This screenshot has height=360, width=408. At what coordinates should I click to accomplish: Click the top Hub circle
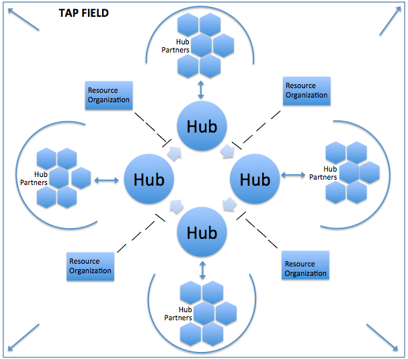pos(202,126)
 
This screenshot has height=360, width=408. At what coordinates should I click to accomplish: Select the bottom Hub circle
pos(202,233)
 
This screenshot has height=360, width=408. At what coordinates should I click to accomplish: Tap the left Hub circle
pos(149,180)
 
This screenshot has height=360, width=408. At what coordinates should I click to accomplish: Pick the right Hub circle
pos(255,180)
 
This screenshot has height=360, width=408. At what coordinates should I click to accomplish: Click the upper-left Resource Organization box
pos(109,96)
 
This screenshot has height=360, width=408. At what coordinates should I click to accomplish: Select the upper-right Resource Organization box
pos(307,91)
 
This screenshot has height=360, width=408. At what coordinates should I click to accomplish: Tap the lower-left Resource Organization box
pos(90,266)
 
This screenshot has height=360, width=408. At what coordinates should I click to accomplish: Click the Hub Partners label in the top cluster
pos(177,46)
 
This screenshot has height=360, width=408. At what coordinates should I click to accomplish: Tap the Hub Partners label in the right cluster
pos(322,173)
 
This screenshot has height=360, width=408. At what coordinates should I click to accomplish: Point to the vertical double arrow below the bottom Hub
pos(202,270)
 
